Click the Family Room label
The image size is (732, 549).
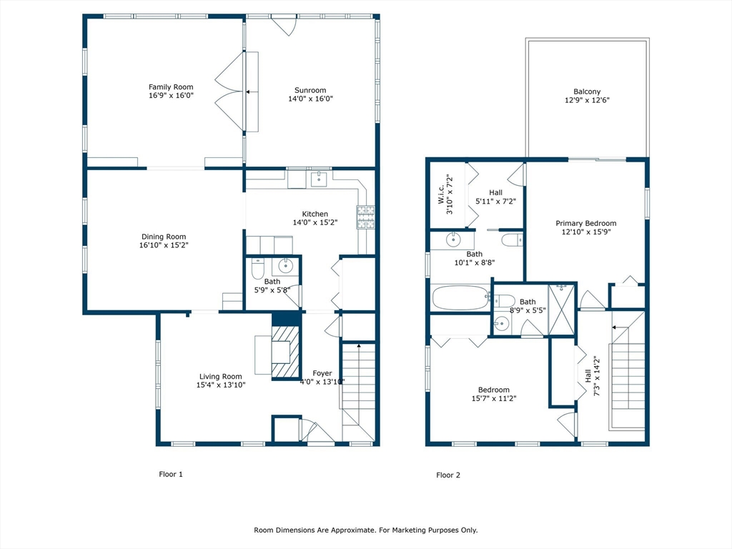171,86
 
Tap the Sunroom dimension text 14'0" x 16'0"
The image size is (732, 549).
310,99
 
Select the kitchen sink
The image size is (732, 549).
320,179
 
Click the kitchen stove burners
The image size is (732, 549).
366,217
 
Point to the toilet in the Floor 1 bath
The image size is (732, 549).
257,268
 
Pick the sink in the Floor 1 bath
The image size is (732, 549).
285,266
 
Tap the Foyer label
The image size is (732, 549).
322,373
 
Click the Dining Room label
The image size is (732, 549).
164,237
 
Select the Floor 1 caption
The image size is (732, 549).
171,475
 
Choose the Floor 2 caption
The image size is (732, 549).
448,475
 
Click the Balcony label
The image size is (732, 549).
588,92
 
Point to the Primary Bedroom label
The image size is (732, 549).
586,224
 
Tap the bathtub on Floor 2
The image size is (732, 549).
461,298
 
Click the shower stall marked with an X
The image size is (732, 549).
562,309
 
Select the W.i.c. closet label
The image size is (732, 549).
441,194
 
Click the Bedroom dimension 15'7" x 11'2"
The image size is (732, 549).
494,399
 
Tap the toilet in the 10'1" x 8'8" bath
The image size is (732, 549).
513,240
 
